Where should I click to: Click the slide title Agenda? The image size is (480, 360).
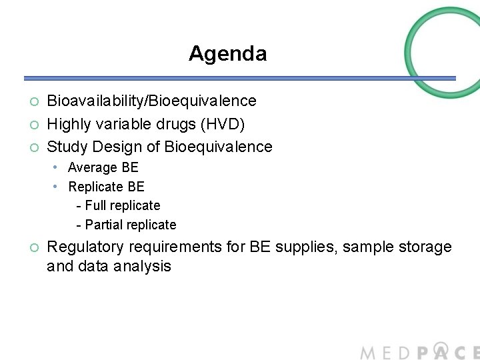point(227,53)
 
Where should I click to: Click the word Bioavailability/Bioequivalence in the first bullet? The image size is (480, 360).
point(151,101)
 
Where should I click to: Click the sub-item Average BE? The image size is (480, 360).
point(103,167)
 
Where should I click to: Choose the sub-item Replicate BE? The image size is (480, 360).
point(106,187)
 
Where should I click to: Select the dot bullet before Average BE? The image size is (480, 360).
point(58,167)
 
